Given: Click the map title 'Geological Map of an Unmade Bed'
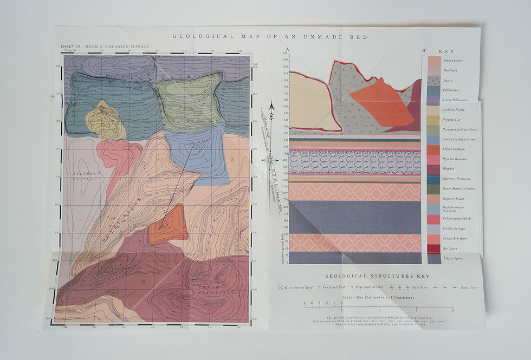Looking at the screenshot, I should click(270, 37).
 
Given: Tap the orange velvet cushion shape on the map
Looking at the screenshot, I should click(168, 227).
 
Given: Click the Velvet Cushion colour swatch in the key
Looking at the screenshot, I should click(434, 149).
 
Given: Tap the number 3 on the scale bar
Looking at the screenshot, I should click(452, 310).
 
